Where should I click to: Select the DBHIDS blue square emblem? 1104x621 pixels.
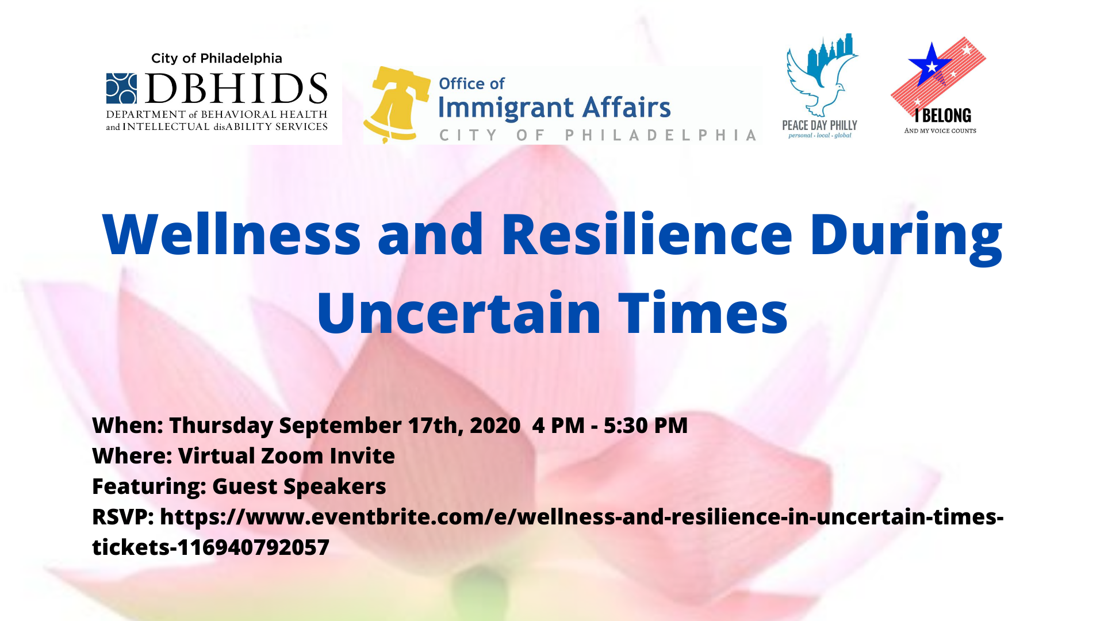(122, 88)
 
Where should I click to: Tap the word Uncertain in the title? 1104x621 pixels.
(459, 313)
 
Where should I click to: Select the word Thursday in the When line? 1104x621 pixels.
(221, 425)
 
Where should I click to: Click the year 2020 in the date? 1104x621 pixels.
(495, 425)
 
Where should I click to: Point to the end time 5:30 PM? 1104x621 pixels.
(646, 425)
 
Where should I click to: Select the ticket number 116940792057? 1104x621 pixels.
(254, 547)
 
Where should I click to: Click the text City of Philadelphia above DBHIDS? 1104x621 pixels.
(217, 58)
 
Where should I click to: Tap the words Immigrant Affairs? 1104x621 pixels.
(554, 108)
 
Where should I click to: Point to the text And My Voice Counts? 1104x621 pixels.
(940, 131)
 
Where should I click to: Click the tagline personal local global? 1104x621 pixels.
(820, 136)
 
